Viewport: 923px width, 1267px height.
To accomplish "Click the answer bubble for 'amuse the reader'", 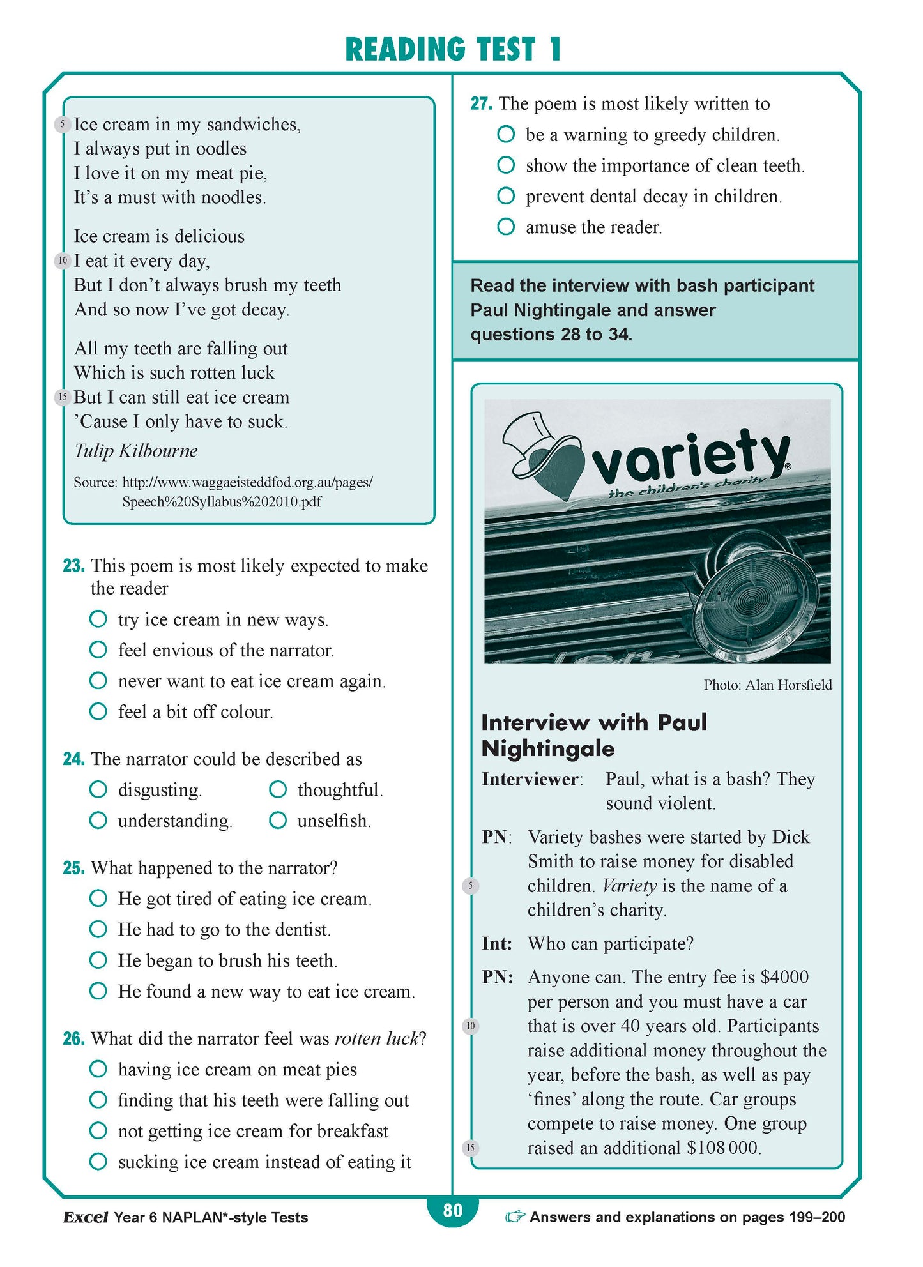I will (x=506, y=227).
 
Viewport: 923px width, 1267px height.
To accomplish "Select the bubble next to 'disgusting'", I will (x=98, y=789).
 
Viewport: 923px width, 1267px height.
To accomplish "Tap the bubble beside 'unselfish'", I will (x=278, y=820).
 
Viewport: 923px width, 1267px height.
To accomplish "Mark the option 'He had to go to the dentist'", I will (x=98, y=929).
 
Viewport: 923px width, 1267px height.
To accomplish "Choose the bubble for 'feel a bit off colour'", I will (x=98, y=711).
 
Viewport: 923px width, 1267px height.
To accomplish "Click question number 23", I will (x=73, y=566).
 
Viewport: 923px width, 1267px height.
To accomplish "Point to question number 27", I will (x=481, y=104).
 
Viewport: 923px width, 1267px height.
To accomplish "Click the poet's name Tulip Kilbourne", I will (x=135, y=451).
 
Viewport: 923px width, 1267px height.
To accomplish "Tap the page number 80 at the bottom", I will (x=452, y=1210).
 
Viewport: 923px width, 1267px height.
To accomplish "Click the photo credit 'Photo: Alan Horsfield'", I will (x=768, y=685).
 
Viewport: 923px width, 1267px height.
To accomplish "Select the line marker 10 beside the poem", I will (x=63, y=261).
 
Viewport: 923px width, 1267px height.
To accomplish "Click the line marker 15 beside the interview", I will (x=470, y=1148).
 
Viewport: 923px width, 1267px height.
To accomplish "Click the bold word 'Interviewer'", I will (x=531, y=779).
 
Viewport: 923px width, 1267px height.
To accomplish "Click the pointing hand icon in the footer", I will (x=515, y=1217).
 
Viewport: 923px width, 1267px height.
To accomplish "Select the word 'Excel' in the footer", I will (x=86, y=1218).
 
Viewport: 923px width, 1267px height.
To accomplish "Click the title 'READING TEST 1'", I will (x=453, y=50).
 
